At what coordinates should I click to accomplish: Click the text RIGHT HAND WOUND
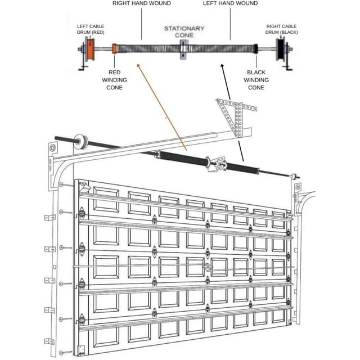[x=141, y=3]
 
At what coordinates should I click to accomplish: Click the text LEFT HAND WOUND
[x=231, y=3]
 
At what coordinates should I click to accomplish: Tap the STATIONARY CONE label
[x=184, y=31]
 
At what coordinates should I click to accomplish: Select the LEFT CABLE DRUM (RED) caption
[x=91, y=29]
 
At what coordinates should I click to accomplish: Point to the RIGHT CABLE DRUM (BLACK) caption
[x=282, y=29]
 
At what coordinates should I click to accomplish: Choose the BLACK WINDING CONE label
[x=256, y=80]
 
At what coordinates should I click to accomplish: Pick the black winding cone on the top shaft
[x=256, y=49]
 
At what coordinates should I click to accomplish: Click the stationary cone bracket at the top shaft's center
[x=184, y=49]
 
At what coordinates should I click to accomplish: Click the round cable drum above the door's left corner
[x=83, y=141]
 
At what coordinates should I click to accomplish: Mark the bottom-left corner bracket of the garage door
[x=83, y=348]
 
